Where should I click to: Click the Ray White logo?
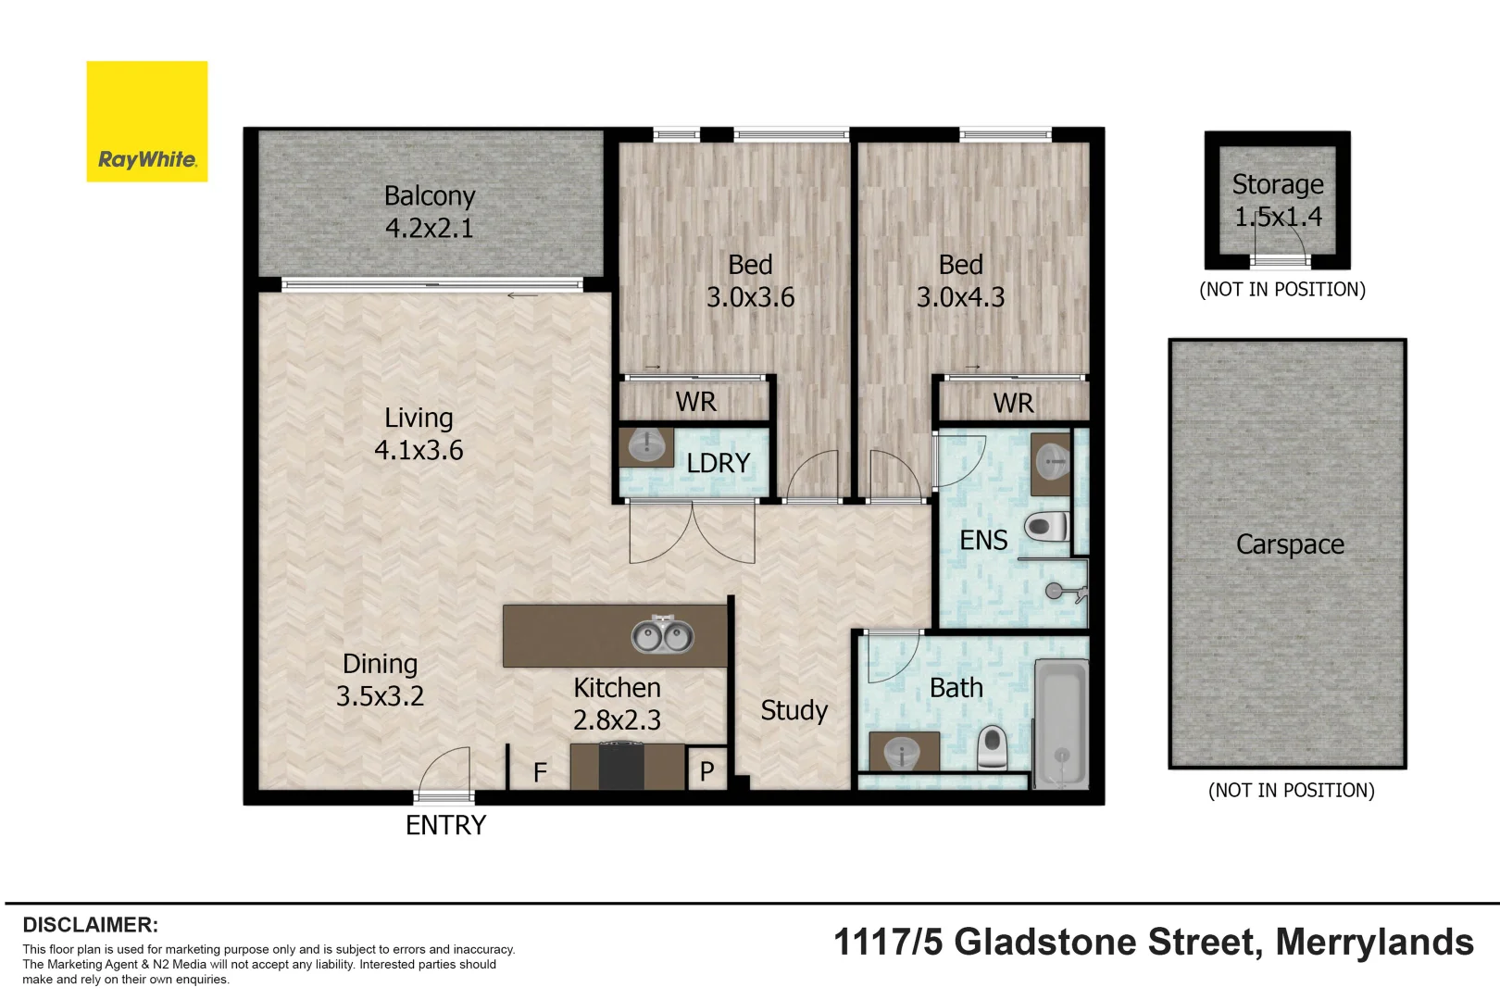pos(147,122)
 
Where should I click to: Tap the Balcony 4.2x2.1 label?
pos(429,212)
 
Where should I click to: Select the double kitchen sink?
pos(663,635)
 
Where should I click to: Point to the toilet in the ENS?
pos(1046,528)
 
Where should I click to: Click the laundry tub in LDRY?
pos(647,446)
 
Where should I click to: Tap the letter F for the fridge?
pos(540,772)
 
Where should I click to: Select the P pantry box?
pos(706,770)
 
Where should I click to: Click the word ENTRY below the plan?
pos(445,825)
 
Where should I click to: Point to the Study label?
pos(794,710)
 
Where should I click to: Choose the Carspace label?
pos(1289,544)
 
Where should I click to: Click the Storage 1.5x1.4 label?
pos(1278,200)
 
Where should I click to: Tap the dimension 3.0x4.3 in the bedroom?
pos(960,297)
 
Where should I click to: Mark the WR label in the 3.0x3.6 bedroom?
pos(695,402)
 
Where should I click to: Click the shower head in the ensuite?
pos(1056,591)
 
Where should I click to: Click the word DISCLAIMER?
pos(90,924)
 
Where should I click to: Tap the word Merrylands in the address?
pos(1374,942)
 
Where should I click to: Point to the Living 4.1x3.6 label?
pos(419,433)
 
